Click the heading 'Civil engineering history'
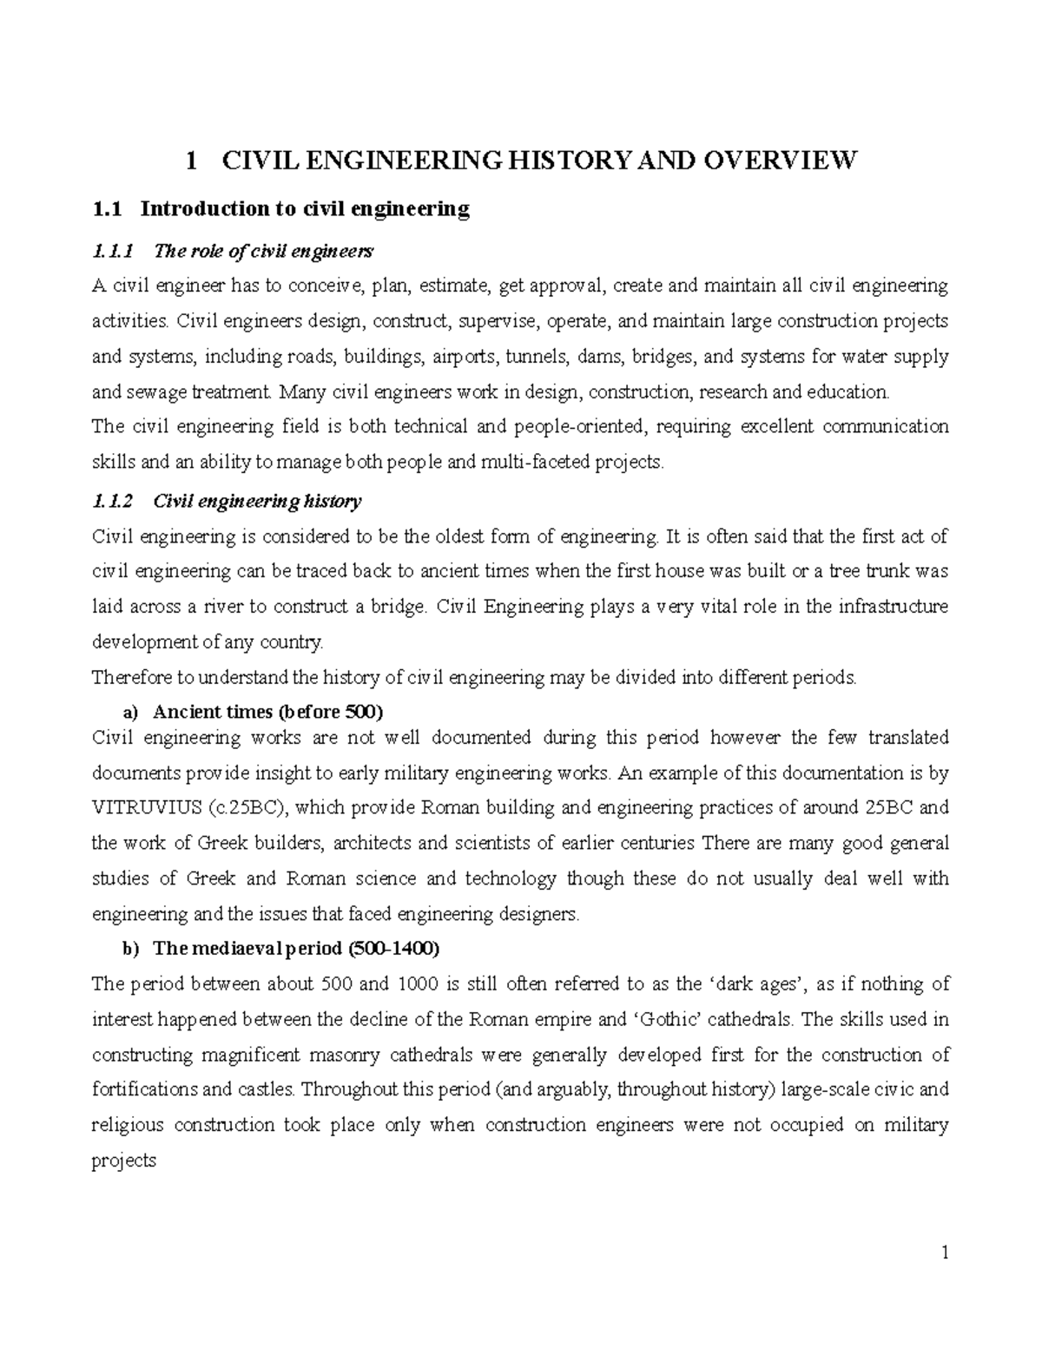[257, 501]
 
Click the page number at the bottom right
[945, 1253]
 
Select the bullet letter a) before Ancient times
[130, 713]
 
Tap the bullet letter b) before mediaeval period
[130, 950]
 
